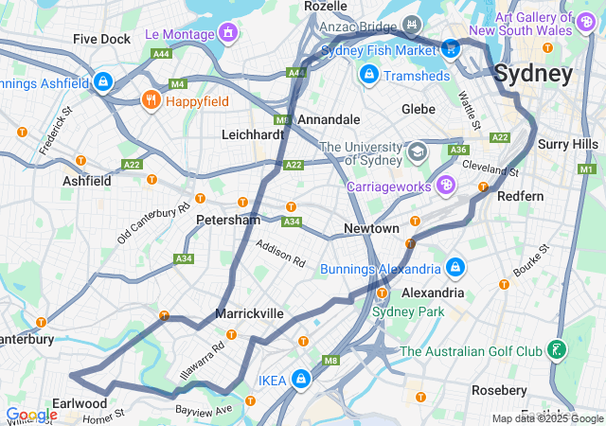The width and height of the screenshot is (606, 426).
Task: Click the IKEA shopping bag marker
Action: tap(300, 379)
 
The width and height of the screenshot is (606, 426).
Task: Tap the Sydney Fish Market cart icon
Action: tap(451, 48)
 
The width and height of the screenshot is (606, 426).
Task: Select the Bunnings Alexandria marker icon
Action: tap(455, 268)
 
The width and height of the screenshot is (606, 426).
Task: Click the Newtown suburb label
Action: tap(370, 229)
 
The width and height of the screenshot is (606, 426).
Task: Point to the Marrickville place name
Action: tap(249, 312)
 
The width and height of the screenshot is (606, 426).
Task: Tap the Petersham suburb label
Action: tap(227, 220)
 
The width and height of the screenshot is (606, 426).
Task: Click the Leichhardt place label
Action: tap(253, 134)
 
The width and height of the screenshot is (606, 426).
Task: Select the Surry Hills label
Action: tap(567, 144)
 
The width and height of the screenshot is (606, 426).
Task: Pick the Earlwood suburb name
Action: tap(80, 403)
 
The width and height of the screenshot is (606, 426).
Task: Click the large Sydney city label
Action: tap(533, 74)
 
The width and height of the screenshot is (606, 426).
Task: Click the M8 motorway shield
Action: tap(330, 361)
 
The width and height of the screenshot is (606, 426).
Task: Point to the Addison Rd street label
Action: tap(280, 255)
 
